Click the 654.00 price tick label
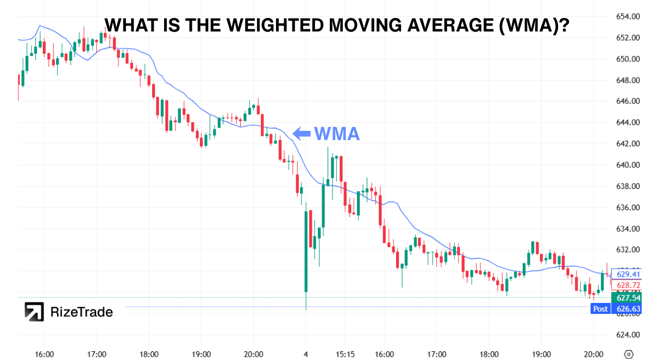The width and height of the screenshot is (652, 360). coord(627,16)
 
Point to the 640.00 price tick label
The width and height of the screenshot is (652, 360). coord(627,165)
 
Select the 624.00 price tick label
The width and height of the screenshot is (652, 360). coord(627,334)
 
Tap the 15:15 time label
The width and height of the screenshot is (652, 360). coord(345,354)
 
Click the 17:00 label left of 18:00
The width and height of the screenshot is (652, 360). coord(96,354)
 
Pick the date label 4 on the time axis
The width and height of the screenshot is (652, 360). coord(306,354)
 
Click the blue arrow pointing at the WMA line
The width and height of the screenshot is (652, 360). coord(302,133)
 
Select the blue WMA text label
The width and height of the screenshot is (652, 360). coord(337,133)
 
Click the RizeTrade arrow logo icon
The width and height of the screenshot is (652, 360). coord(34,312)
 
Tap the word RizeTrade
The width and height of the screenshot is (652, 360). coord(81,312)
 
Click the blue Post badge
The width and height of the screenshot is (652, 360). coord(600,308)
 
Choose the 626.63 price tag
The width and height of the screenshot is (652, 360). coord(627,308)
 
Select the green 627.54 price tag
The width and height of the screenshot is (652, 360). coord(627,298)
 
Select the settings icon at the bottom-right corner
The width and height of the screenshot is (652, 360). coord(629,353)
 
